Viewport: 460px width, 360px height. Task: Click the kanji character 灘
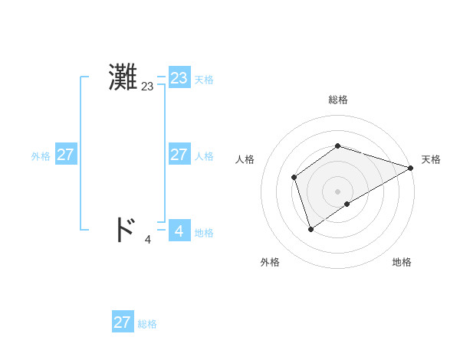click(123, 78)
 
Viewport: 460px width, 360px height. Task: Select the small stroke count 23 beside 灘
click(147, 87)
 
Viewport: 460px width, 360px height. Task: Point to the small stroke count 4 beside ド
click(147, 240)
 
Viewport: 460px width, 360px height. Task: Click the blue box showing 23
click(179, 78)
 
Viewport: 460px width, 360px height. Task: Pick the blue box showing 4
click(179, 230)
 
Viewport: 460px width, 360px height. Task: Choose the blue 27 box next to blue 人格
click(179, 155)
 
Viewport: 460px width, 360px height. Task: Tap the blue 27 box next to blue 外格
click(65, 155)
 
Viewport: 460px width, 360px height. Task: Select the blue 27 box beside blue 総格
click(122, 322)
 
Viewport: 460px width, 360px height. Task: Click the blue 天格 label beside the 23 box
click(204, 80)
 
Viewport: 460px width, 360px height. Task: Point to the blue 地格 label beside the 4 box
click(204, 233)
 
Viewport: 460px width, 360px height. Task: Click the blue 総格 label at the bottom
click(147, 324)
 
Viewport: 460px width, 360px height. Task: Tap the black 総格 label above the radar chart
click(337, 100)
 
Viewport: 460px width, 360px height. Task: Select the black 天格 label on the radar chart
click(431, 159)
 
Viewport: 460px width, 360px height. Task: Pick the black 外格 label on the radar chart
click(270, 262)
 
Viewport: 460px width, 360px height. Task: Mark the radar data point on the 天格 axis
click(410, 168)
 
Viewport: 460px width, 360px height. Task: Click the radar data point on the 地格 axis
click(347, 204)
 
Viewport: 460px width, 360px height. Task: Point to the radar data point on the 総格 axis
click(337, 146)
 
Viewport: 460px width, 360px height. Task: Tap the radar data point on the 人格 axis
click(294, 178)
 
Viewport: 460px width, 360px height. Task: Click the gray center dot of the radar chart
click(337, 191)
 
